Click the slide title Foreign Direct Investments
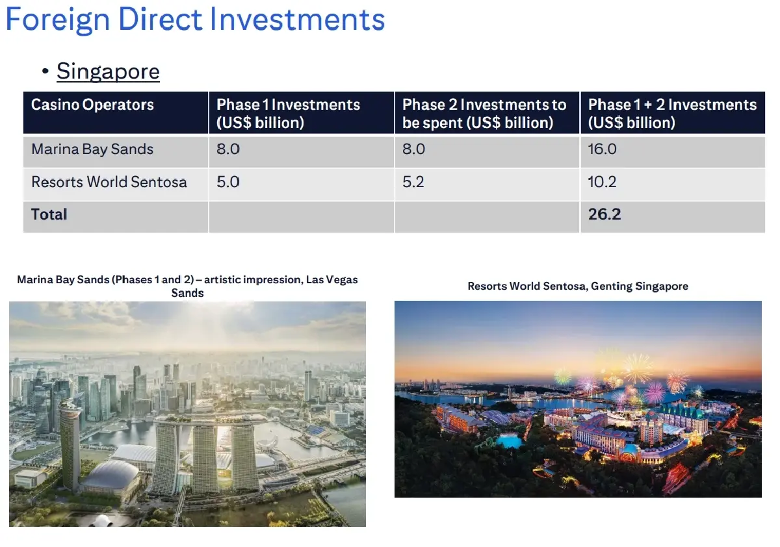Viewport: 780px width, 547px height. tap(195, 19)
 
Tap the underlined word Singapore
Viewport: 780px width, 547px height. tap(108, 71)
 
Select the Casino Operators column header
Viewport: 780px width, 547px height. tap(92, 105)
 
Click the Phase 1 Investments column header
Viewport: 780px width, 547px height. tap(288, 113)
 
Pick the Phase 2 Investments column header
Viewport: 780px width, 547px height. tap(484, 113)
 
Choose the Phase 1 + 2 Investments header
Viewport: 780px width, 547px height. tap(672, 113)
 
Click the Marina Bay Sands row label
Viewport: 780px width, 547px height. tap(92, 149)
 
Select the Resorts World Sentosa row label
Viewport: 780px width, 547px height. tap(109, 182)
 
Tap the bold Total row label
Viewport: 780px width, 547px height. tap(49, 214)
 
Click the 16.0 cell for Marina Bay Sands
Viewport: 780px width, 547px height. tap(603, 149)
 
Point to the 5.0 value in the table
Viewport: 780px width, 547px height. tap(228, 182)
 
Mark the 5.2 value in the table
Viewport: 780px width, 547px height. tap(413, 182)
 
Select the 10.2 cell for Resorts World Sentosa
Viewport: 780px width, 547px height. tap(603, 182)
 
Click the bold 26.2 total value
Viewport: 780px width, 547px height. tap(604, 214)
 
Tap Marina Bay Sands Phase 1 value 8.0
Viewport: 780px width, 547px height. tap(228, 149)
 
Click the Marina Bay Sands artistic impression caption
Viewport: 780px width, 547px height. tap(187, 286)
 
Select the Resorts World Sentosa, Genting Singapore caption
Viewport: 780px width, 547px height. tap(578, 286)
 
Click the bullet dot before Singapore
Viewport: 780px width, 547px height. tap(45, 71)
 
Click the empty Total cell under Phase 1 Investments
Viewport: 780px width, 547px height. tap(301, 216)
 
